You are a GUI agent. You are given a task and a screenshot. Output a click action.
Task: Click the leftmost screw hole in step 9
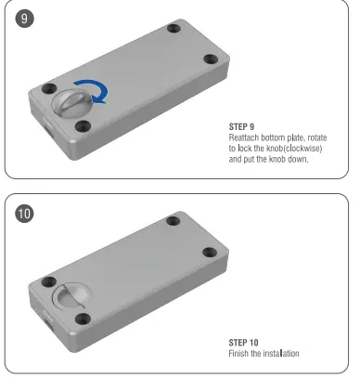pyautogui.click(x=39, y=88)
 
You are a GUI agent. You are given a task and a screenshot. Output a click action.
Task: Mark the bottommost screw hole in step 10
pyautogui.click(x=83, y=319)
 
